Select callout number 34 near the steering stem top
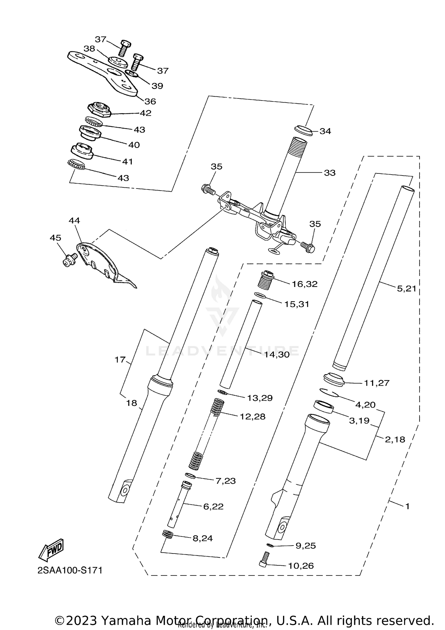(325, 131)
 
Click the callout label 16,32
(304, 284)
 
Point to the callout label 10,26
(301, 566)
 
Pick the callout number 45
(55, 238)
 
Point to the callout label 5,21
(406, 288)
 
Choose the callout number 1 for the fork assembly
(407, 506)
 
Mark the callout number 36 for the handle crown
(150, 101)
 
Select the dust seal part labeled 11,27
(334, 380)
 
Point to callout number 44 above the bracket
(74, 221)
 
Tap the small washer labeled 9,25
(270, 545)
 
